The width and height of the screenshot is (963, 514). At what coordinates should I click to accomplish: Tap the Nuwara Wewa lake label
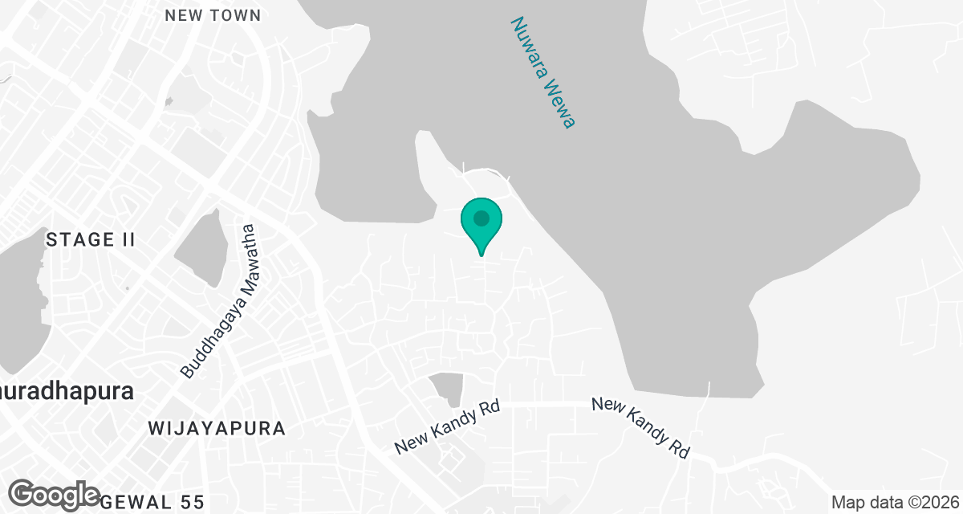click(x=544, y=73)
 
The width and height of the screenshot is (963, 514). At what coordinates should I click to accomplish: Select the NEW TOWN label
click(x=213, y=15)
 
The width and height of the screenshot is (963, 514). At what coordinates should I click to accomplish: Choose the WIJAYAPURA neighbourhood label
click(x=217, y=428)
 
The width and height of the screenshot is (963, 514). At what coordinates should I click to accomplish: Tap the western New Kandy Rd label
click(x=448, y=426)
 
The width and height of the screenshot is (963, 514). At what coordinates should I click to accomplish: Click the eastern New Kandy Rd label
click(x=641, y=426)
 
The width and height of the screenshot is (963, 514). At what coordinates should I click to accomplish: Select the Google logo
click(x=55, y=494)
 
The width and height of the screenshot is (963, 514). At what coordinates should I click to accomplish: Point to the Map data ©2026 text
click(x=893, y=502)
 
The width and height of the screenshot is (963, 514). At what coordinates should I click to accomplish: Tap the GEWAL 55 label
click(x=153, y=503)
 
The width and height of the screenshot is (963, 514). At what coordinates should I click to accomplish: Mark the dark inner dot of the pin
click(x=481, y=218)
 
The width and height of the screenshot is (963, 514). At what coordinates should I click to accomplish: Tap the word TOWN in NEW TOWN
click(x=237, y=15)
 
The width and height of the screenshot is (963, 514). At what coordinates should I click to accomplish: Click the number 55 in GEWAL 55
click(x=193, y=503)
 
